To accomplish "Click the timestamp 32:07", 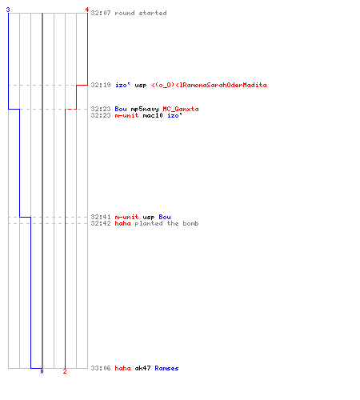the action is click(x=101, y=13).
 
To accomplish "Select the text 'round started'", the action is click(x=141, y=13).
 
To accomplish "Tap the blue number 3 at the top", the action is click(x=8, y=10).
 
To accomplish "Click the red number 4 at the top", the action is click(x=87, y=10).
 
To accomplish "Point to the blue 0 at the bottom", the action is click(x=42, y=371).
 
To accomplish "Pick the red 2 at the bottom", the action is click(x=65, y=371).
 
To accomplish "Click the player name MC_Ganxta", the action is click(x=181, y=109).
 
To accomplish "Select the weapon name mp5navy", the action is click(x=145, y=110).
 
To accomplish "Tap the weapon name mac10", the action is click(x=153, y=115).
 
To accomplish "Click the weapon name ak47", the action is click(x=142, y=368).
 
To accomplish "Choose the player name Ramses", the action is click(x=166, y=368).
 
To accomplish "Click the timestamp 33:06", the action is click(x=101, y=368).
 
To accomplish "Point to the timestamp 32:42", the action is click(x=101, y=223).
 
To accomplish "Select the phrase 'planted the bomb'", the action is click(x=166, y=223).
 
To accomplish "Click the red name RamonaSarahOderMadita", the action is click(x=223, y=85).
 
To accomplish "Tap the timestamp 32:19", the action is click(x=101, y=85).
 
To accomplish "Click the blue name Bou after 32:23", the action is click(x=121, y=109).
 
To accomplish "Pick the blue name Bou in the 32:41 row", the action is click(x=165, y=217).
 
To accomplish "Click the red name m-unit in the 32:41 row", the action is click(x=126, y=217).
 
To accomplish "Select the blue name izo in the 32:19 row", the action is click(x=122, y=85).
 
